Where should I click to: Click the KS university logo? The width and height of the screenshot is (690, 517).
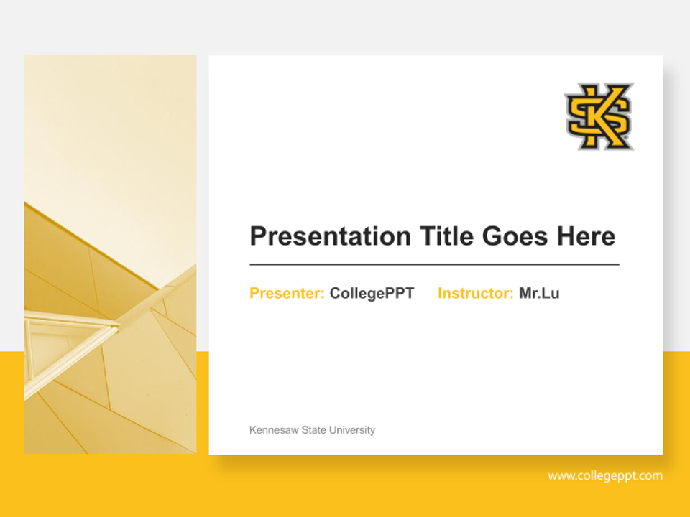point(599,116)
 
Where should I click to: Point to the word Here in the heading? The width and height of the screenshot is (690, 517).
point(585,236)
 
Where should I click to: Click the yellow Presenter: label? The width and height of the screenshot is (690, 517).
point(287,294)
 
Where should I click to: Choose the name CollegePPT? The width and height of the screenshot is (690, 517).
point(372,294)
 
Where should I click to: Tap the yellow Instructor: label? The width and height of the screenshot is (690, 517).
point(475,294)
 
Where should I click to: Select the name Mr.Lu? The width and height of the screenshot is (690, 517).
point(539,294)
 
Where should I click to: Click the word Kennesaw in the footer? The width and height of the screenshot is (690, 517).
point(272,430)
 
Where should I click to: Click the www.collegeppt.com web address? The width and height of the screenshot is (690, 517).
point(605,476)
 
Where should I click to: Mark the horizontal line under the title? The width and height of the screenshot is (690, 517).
point(434,265)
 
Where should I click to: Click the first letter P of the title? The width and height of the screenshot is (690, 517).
point(258,236)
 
